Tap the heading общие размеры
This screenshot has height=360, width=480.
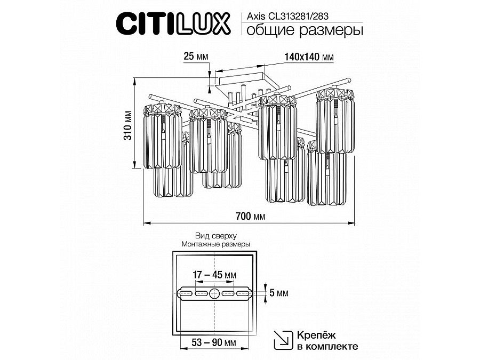click(x=302, y=31)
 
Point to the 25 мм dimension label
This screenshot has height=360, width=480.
click(x=195, y=56)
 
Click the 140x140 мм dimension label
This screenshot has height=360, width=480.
click(x=309, y=56)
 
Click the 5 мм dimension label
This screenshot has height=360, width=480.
click(x=279, y=293)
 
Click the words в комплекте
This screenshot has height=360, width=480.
click(x=326, y=346)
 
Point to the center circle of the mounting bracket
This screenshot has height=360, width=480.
click(x=214, y=293)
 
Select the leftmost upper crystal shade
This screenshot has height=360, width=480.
click(x=162, y=136)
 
